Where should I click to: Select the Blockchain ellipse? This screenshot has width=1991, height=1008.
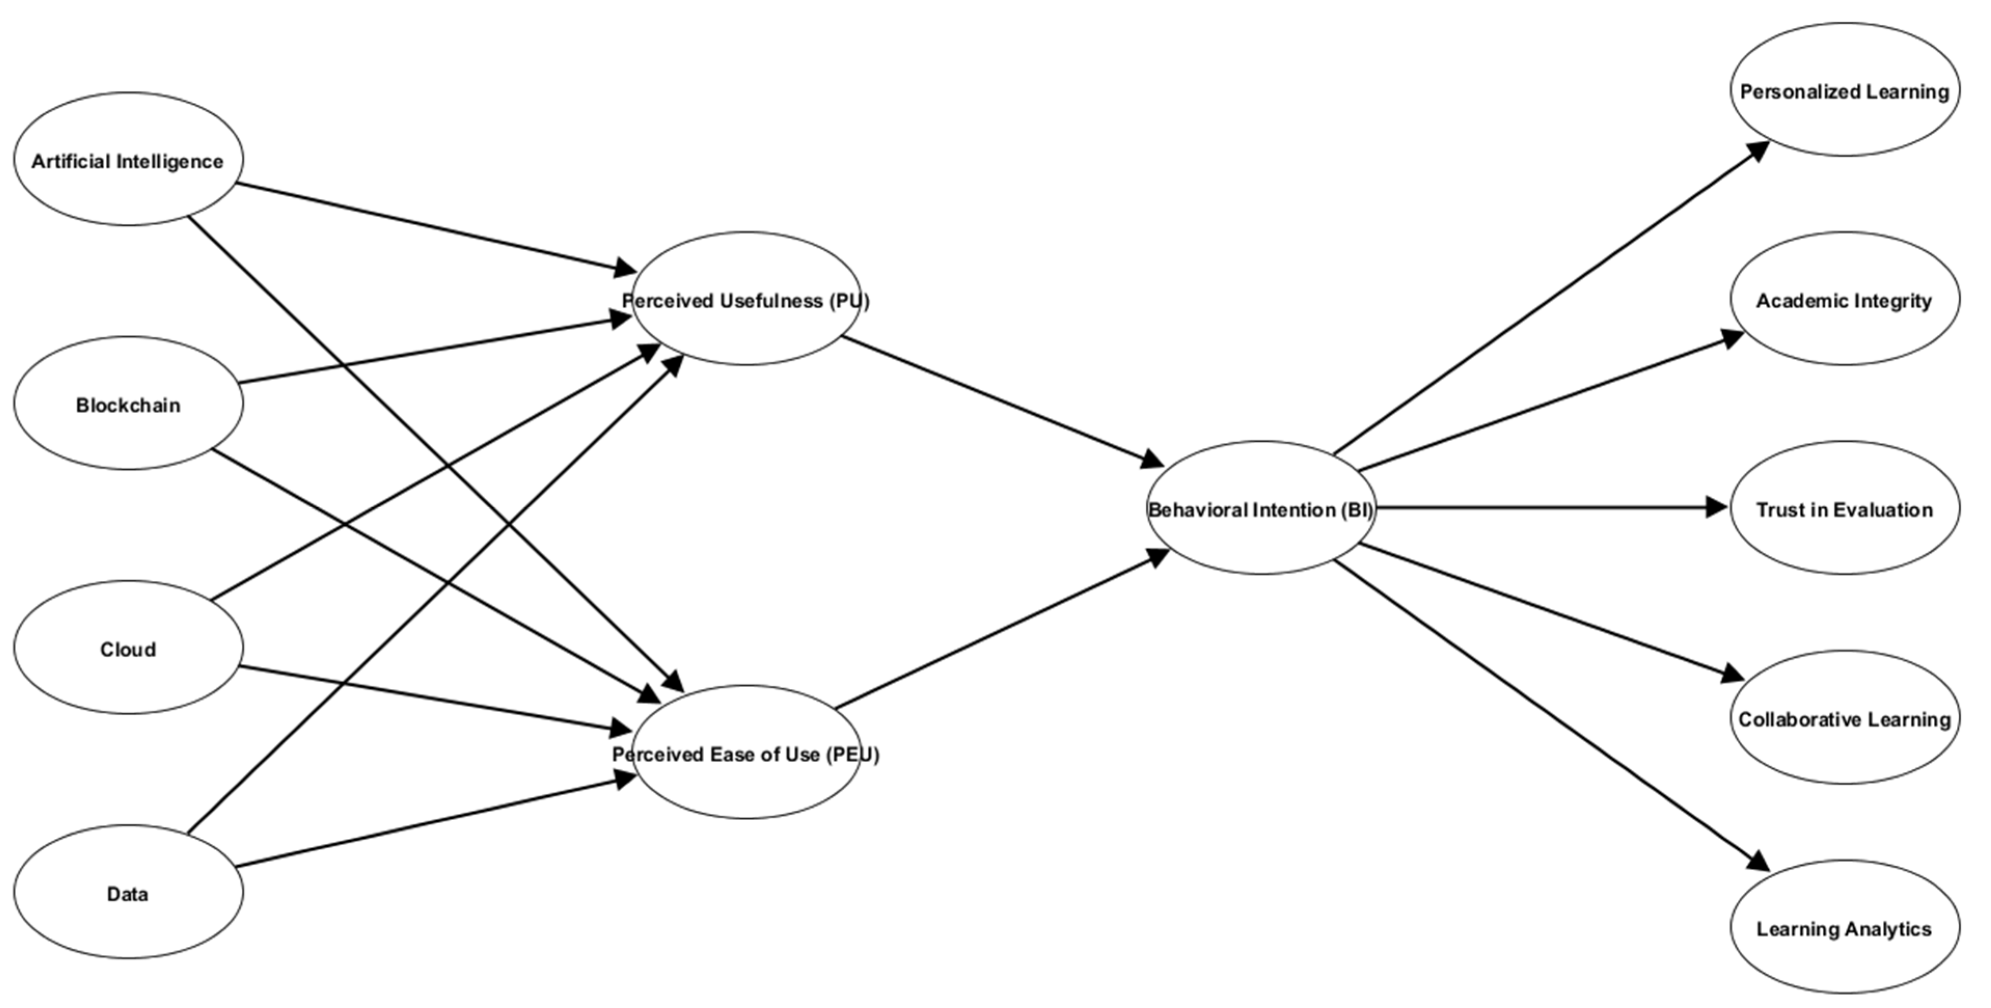(128, 403)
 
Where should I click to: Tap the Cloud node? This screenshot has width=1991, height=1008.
(128, 648)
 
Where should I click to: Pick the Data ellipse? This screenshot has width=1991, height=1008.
(128, 893)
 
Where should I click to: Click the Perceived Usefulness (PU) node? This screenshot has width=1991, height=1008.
(746, 299)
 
